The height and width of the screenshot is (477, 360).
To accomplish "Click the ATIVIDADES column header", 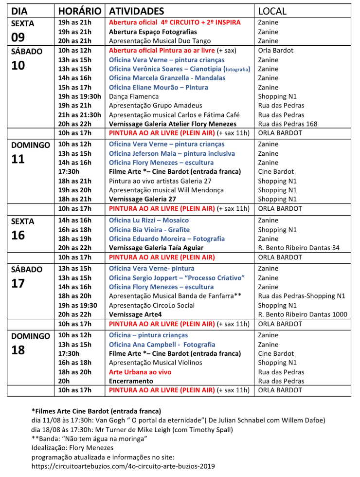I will pyautogui.click(x=137, y=11).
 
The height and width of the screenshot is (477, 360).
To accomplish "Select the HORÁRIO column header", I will pyautogui.click(x=80, y=11).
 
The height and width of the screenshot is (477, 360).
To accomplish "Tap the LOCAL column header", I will pyautogui.click(x=272, y=11).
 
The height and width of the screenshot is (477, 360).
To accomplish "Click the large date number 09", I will pyautogui.click(x=18, y=37).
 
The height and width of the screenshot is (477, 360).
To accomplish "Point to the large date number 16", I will pyautogui.click(x=18, y=235).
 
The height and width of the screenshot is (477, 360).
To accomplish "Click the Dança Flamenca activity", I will pyautogui.click(x=127, y=96).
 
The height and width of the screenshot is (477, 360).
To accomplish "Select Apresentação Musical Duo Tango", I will pyautogui.click(x=152, y=41).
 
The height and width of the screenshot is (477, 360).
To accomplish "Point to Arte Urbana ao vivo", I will pyautogui.click(x=140, y=372).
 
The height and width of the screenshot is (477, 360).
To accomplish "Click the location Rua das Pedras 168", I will pyautogui.click(x=288, y=124).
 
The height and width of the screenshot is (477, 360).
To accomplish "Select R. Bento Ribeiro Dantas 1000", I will pyautogui.click(x=303, y=314).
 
